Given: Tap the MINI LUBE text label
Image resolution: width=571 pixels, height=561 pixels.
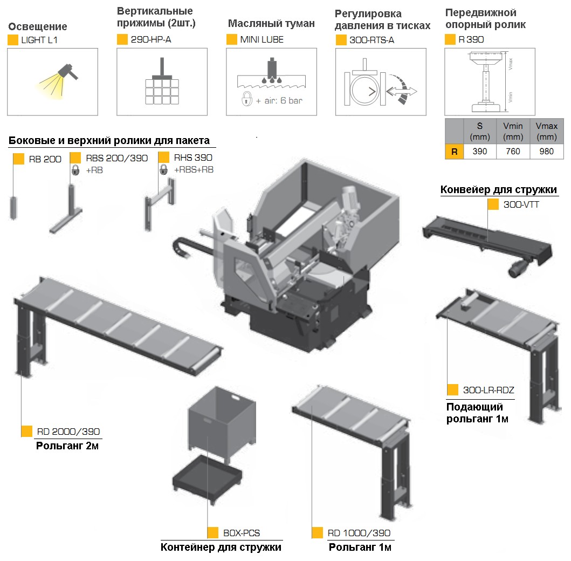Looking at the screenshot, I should (x=262, y=39).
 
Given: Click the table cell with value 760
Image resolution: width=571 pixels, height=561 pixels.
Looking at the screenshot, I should (x=512, y=152).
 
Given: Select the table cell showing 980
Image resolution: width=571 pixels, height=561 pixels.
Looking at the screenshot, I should (x=546, y=152).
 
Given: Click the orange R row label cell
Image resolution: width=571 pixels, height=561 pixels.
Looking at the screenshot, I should (x=454, y=152).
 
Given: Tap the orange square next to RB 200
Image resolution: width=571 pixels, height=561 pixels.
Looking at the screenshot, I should (x=19, y=159).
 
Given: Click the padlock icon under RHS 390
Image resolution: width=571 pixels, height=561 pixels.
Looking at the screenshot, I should (x=163, y=170).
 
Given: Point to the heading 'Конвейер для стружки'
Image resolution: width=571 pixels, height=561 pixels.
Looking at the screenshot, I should (x=498, y=190).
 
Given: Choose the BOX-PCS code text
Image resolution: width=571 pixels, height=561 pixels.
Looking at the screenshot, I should (x=241, y=533).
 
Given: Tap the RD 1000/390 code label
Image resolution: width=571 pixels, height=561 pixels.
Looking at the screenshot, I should (x=359, y=533).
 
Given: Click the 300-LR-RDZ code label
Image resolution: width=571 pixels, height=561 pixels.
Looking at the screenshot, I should (x=489, y=391).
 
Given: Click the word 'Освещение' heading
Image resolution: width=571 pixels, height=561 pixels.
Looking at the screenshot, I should (x=38, y=26).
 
